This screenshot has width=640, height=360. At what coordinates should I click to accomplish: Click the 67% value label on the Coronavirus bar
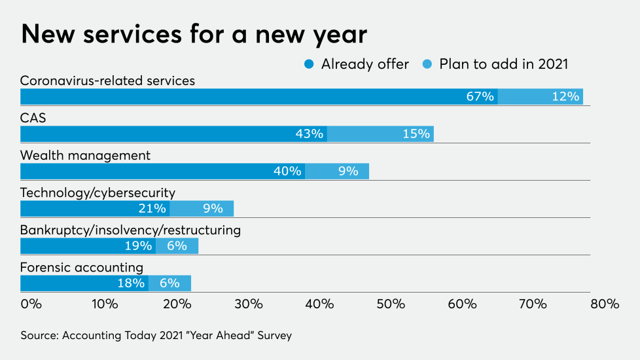tap(480, 96)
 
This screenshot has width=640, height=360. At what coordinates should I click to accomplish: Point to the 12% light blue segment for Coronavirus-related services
tap(541, 96)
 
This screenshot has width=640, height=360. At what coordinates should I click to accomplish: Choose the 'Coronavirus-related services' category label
tap(108, 81)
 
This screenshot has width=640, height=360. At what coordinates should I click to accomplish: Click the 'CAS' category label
tap(33, 118)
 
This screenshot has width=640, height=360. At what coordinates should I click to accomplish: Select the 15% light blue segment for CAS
tap(380, 134)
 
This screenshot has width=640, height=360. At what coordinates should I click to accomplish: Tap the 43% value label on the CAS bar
tap(309, 134)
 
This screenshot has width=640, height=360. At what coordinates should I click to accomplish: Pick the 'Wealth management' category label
tap(85, 156)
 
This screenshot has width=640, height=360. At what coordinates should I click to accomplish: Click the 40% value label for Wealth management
tap(287, 171)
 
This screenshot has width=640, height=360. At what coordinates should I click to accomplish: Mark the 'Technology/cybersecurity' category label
tap(98, 193)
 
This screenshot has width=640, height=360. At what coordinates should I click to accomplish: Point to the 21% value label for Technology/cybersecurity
tap(152, 208)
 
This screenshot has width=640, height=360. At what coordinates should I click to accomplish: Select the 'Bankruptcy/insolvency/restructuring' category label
tap(130, 230)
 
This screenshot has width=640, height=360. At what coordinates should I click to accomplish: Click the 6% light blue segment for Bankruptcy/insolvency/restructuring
tap(177, 245)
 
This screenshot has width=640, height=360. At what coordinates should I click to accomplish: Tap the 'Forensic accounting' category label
tap(82, 268)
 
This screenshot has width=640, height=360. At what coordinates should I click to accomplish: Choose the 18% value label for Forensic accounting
tap(130, 283)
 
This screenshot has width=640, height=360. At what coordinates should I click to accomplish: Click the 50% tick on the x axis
tap(391, 304)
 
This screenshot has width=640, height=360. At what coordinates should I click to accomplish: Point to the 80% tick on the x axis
tap(604, 304)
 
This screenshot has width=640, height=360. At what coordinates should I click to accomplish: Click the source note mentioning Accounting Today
tap(156, 335)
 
